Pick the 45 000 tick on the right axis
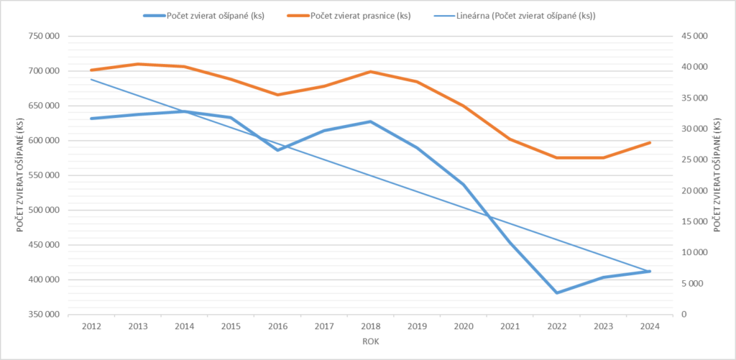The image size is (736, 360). [694, 36]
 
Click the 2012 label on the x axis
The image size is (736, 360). [92, 327]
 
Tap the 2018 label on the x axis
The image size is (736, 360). [371, 327]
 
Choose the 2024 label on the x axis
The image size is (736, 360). [650, 327]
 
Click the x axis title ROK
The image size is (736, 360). [371, 342]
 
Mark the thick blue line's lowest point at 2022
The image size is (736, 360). [556, 293]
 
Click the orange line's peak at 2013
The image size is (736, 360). [138, 64]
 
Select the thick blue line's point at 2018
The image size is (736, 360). [371, 121]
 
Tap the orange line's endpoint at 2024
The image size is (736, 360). [650, 142]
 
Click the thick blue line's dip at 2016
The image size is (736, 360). [277, 150]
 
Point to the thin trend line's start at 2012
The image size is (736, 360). [92, 79]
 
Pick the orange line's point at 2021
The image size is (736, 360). [510, 139]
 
